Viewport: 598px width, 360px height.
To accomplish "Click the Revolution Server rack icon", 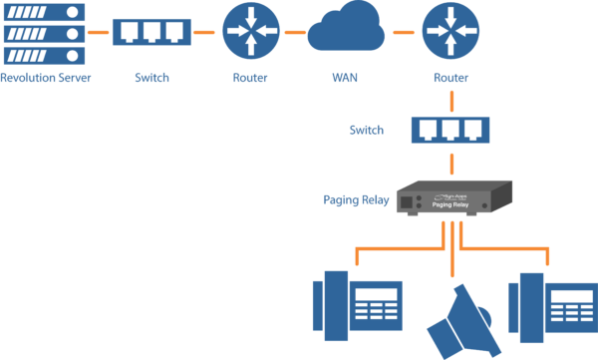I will (x=44, y=33).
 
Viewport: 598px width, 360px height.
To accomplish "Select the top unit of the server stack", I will (x=44, y=12).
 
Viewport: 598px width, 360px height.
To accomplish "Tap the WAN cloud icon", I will (x=346, y=32).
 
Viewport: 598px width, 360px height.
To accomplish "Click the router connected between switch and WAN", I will (x=251, y=32).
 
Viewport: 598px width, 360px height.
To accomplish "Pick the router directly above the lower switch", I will (x=450, y=32).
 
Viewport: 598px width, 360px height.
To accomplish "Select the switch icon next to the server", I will (x=151, y=32).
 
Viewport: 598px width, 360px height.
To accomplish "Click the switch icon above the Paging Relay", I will (x=450, y=130).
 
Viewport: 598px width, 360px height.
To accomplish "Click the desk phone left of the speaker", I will (x=357, y=304).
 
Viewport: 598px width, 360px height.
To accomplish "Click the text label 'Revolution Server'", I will (x=45, y=77).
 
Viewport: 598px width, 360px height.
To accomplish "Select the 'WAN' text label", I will (x=345, y=77).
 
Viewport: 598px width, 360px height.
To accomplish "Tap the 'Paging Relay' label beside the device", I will (x=354, y=199).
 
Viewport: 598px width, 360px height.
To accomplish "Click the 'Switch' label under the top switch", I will (x=151, y=77).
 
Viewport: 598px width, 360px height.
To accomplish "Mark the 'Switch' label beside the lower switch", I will (x=366, y=130).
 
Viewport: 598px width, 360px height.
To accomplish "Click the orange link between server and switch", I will (x=98, y=32).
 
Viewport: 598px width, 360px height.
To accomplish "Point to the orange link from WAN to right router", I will (x=403, y=32).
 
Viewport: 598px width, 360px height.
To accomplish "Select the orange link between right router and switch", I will (x=451, y=100).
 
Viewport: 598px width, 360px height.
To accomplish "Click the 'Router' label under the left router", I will (x=250, y=77).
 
